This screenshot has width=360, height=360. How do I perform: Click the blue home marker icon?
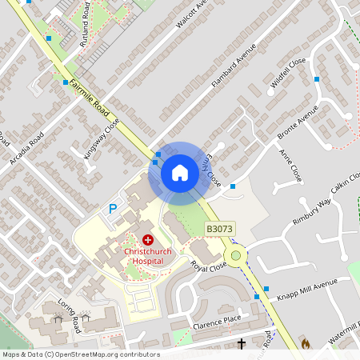[x=180, y=173]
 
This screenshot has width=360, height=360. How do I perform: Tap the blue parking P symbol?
[x=113, y=210]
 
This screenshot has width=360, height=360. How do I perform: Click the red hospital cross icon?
[x=147, y=240]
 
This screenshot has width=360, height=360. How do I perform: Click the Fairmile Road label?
[x=89, y=94]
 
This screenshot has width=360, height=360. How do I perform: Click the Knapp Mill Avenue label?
[x=309, y=286]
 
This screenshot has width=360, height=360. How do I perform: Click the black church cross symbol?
[x=242, y=344]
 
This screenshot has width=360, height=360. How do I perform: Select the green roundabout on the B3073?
[x=235, y=256]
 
